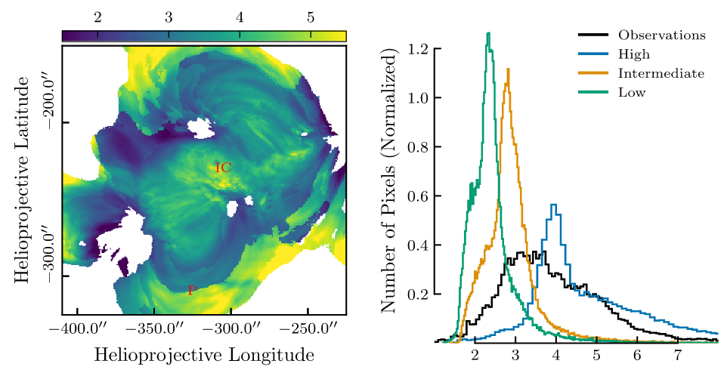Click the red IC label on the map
click(x=223, y=168)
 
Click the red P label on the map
click(x=192, y=291)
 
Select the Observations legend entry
click(x=661, y=35)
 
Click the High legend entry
click(x=633, y=54)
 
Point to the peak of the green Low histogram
click(x=488, y=33)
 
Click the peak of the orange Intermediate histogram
click(x=508, y=69)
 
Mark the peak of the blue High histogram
click(x=554, y=205)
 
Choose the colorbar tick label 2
click(x=97, y=17)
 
